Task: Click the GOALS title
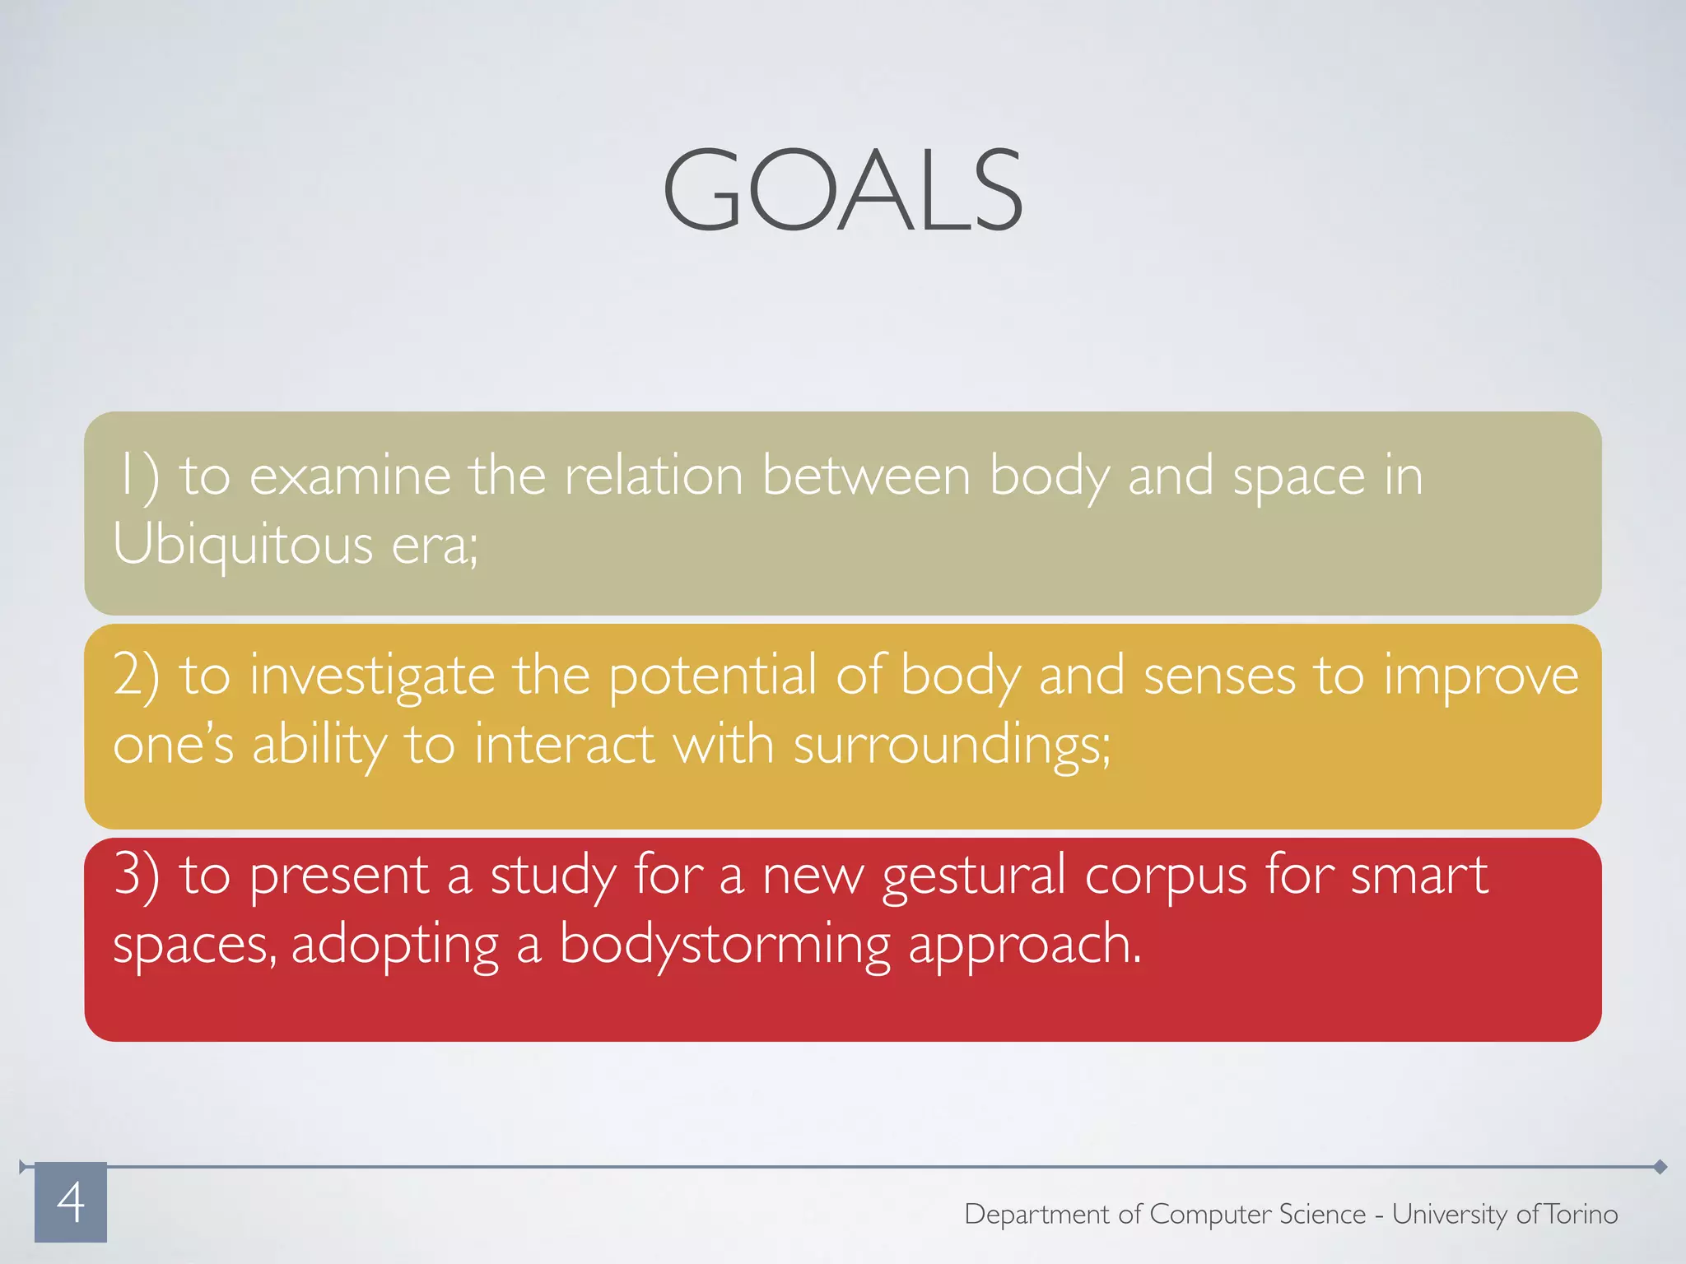(x=843, y=191)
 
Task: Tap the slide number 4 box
(x=71, y=1201)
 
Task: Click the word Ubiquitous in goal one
(x=243, y=545)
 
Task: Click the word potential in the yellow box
(x=712, y=675)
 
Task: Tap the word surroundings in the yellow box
(x=951, y=746)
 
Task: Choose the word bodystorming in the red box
(x=724, y=945)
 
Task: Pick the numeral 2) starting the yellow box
(x=136, y=675)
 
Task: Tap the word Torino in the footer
(x=1581, y=1214)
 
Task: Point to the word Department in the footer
(x=1036, y=1215)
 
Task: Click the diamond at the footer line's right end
(x=1660, y=1166)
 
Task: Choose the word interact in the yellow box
(x=564, y=746)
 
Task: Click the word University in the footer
(x=1450, y=1215)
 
